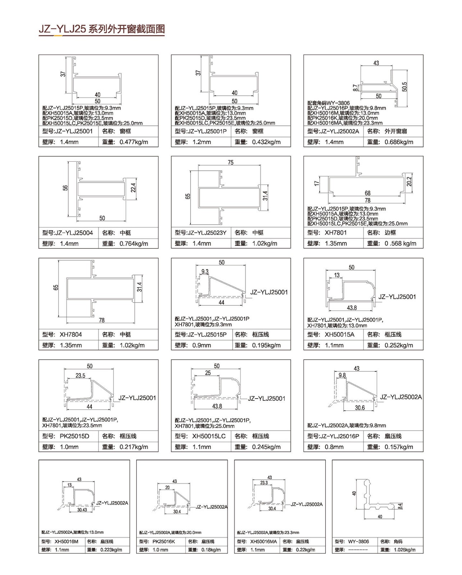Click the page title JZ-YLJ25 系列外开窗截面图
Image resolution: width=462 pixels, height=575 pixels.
click(102, 29)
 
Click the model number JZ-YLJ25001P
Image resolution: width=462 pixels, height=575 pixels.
click(207, 131)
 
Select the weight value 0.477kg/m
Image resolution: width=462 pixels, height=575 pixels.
click(134, 142)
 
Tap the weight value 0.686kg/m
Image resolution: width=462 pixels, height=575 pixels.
click(399, 142)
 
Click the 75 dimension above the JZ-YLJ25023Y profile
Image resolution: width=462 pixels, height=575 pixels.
click(230, 162)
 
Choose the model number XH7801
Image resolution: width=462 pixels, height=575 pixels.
click(335, 233)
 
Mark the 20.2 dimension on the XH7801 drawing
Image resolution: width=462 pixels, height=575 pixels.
click(410, 182)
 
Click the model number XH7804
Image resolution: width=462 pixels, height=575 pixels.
click(70, 334)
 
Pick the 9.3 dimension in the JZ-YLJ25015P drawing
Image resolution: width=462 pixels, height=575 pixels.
click(205, 271)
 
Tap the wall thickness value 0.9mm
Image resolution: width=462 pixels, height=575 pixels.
click(202, 345)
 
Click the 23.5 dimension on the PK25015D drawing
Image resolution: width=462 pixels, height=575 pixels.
click(80, 376)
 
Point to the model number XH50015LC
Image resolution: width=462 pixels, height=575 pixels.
click(209, 436)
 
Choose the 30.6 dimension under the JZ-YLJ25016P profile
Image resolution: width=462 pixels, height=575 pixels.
click(360, 408)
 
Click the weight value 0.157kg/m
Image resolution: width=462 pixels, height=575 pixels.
click(399, 447)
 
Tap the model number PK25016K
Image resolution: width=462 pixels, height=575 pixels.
click(164, 542)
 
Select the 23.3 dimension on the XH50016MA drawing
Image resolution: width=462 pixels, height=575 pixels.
click(264, 483)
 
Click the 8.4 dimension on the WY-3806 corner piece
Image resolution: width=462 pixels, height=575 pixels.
click(400, 506)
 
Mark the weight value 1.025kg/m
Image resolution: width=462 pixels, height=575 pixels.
click(404, 549)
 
